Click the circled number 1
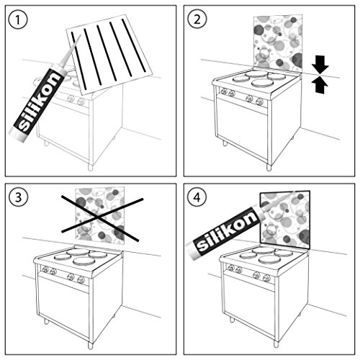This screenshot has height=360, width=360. (x=18, y=19)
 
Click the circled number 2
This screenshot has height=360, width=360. (x=197, y=19)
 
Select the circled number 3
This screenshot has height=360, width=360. (x=18, y=197)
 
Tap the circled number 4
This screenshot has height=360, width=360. (x=197, y=197)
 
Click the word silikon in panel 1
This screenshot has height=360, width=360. (x=38, y=102)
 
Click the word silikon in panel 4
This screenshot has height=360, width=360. (x=227, y=231)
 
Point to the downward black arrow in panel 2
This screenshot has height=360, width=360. (x=320, y=65)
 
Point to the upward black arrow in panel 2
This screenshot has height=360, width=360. (x=320, y=85)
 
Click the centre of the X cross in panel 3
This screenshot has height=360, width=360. (x=98, y=217)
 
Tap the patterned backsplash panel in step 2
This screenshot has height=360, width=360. (x=278, y=43)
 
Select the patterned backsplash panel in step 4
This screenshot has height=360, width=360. (x=285, y=220)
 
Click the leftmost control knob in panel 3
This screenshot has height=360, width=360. (x=45, y=269)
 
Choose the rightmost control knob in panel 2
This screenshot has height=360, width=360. (x=259, y=102)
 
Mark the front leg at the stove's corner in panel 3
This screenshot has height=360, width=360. (x=90, y=346)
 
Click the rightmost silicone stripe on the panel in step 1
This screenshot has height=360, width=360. (x=133, y=45)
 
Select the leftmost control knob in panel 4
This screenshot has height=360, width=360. (x=231, y=268)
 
